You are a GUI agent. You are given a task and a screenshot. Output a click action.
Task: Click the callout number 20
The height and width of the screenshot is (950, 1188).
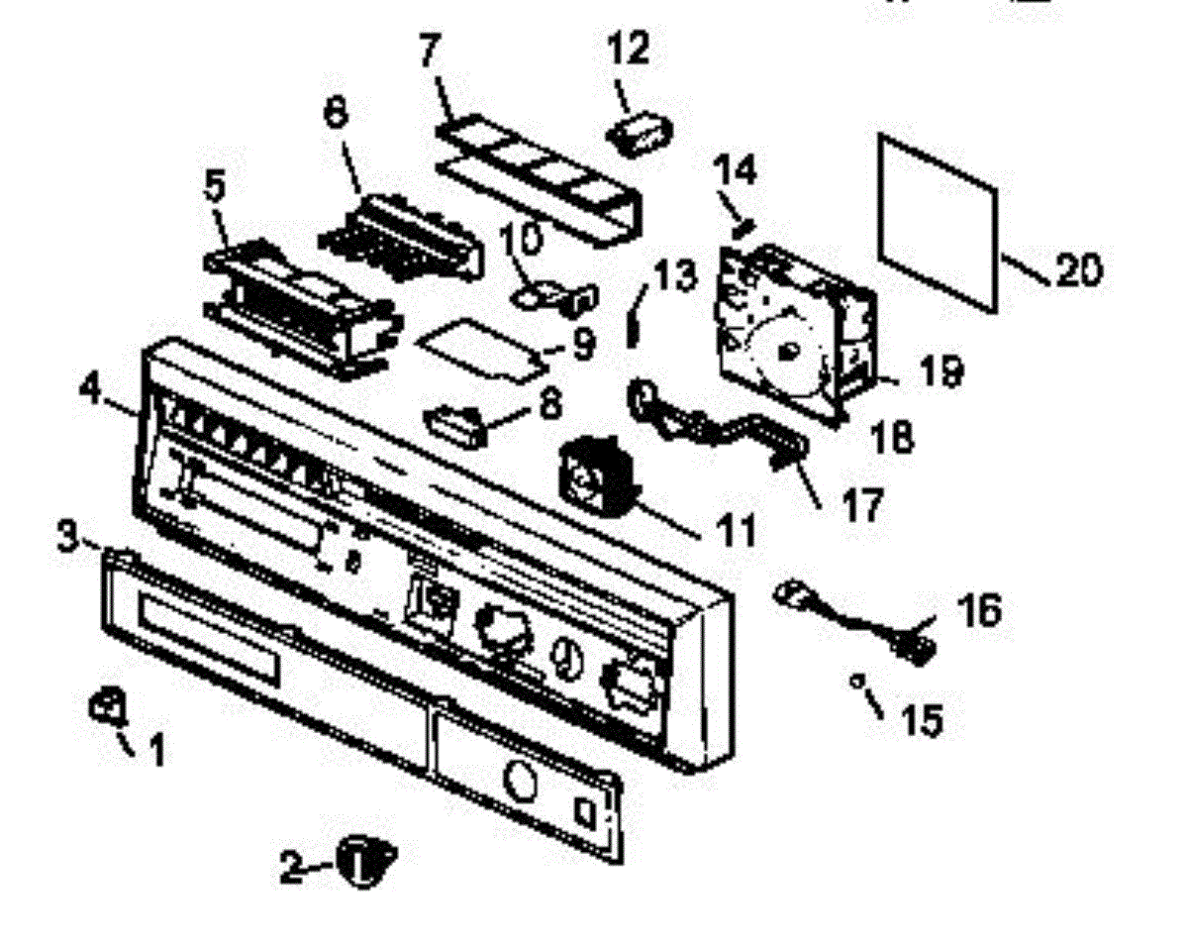point(1076,268)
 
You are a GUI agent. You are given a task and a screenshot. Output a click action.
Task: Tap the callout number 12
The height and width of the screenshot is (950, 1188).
point(630,47)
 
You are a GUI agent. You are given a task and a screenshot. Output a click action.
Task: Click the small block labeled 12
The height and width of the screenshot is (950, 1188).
point(639,134)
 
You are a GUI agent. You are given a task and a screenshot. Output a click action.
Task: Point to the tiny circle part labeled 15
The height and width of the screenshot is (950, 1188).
point(857,680)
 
